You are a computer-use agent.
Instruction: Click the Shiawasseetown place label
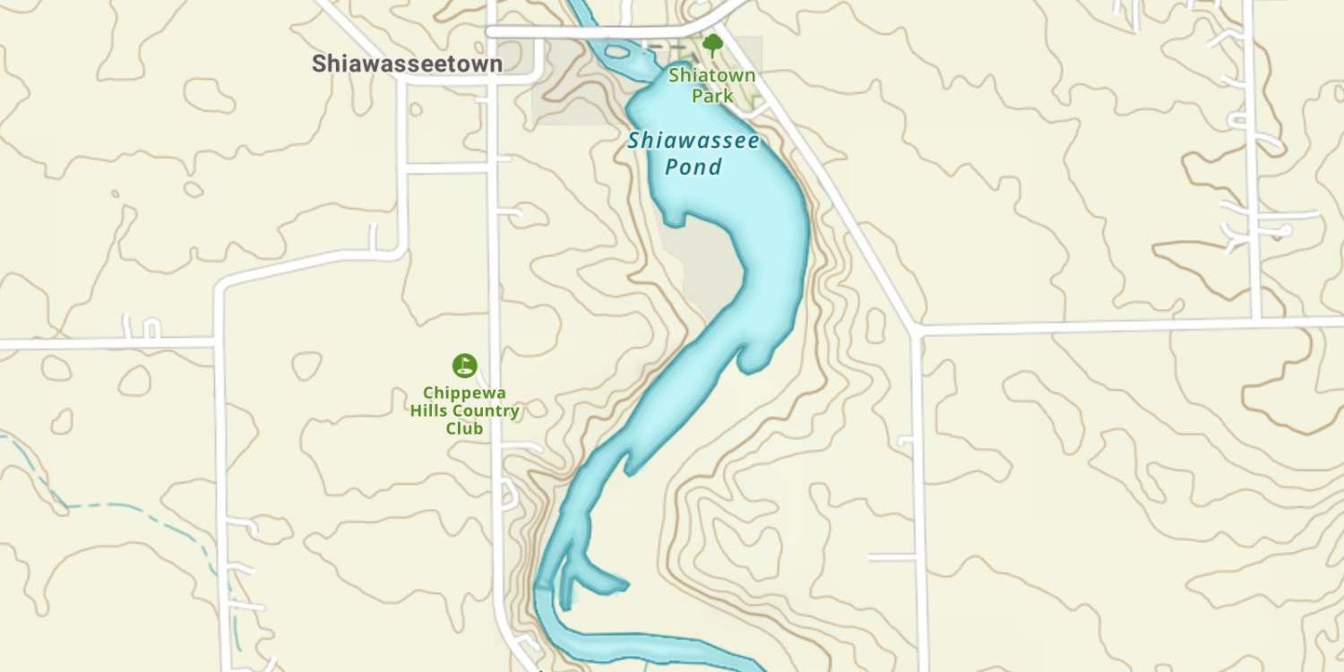407,64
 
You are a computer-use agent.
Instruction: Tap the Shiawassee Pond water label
693,153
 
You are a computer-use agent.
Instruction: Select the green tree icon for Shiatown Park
712,44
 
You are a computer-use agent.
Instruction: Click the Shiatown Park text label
712,86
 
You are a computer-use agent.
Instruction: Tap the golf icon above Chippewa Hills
464,365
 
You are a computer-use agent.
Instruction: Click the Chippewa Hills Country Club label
464,411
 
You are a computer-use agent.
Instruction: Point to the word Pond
693,168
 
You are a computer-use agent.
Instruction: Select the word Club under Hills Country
464,429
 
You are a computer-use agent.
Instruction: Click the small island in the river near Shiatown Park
617,52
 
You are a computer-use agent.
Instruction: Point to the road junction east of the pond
915,329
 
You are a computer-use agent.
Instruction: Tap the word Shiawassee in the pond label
693,141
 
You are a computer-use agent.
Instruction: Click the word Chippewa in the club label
464,393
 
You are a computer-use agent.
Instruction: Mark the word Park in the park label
712,96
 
